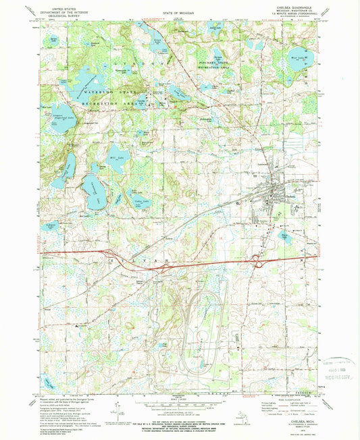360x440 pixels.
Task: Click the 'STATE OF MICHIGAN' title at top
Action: click(180, 13)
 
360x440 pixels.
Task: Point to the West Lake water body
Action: click(297, 54)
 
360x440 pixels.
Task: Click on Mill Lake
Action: click(116, 158)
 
